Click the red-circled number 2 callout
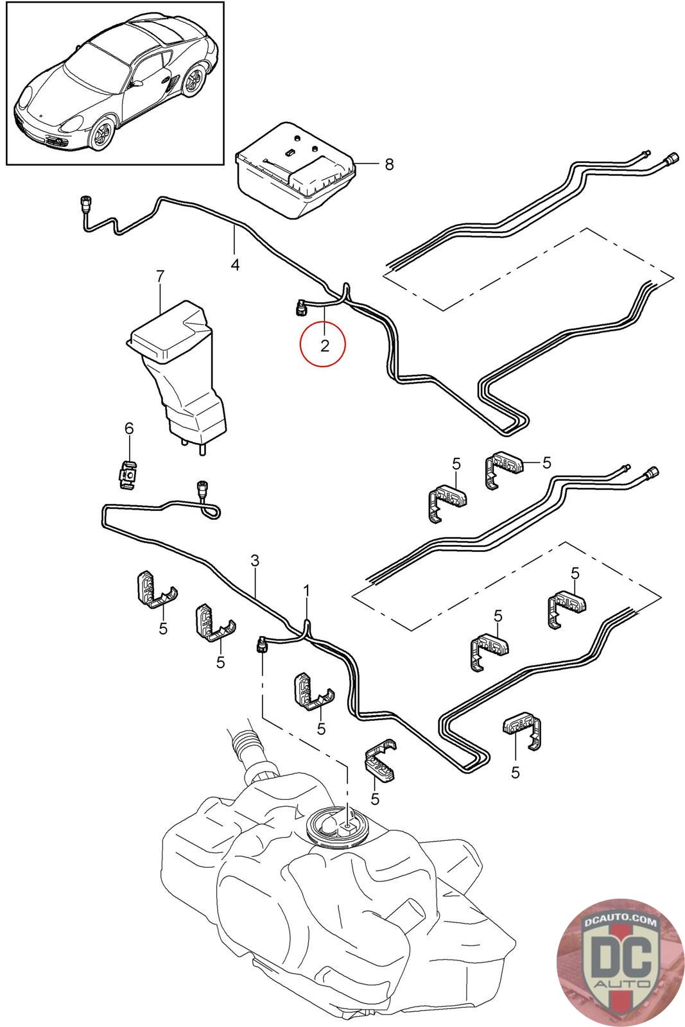324,345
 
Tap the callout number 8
389,164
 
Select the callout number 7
160,277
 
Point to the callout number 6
129,428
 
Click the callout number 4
235,264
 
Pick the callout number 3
255,560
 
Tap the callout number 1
306,589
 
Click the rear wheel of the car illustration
193,83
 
